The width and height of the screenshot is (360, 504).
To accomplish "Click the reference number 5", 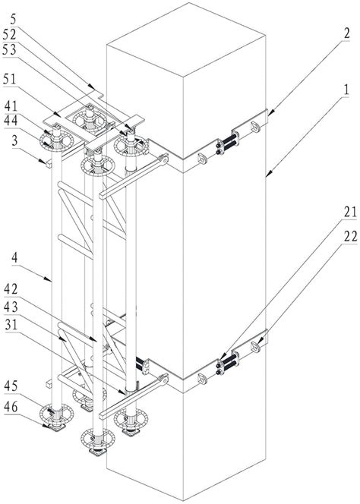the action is [13, 20].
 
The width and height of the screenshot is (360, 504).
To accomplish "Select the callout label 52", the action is [9, 35].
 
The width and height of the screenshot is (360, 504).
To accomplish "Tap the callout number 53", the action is [9, 50].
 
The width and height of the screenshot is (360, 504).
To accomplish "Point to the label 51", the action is [9, 80].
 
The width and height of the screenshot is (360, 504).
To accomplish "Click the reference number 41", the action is [11, 106].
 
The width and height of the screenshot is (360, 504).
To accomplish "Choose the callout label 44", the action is [11, 121].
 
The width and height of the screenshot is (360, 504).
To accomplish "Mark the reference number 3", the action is [14, 140].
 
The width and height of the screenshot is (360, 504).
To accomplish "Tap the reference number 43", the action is [11, 307].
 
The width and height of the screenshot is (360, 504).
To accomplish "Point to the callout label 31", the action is [11, 326].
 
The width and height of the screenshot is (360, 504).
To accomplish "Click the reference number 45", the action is [11, 386].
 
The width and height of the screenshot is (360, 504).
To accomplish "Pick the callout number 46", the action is [11, 408].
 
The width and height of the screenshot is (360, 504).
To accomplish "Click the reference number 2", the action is [346, 33].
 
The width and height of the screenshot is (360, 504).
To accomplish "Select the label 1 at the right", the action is [346, 90].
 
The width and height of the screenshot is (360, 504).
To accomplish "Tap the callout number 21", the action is [350, 212].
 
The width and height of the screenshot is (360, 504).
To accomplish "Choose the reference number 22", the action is [350, 237].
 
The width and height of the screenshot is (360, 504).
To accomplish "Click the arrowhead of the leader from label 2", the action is [269, 113].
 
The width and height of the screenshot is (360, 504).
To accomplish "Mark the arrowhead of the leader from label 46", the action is [48, 426].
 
